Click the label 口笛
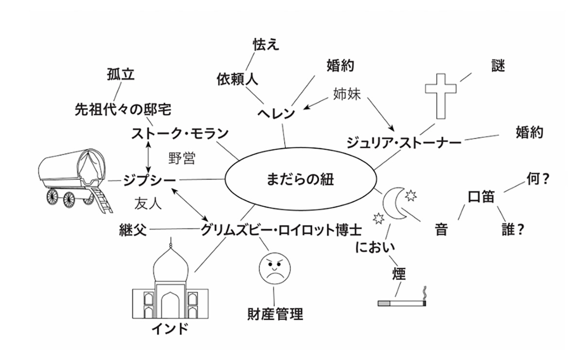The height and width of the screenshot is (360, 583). click(481, 197)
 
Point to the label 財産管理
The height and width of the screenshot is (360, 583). click(275, 314)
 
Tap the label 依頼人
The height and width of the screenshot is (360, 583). click(237, 80)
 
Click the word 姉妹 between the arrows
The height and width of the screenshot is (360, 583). click(347, 94)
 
